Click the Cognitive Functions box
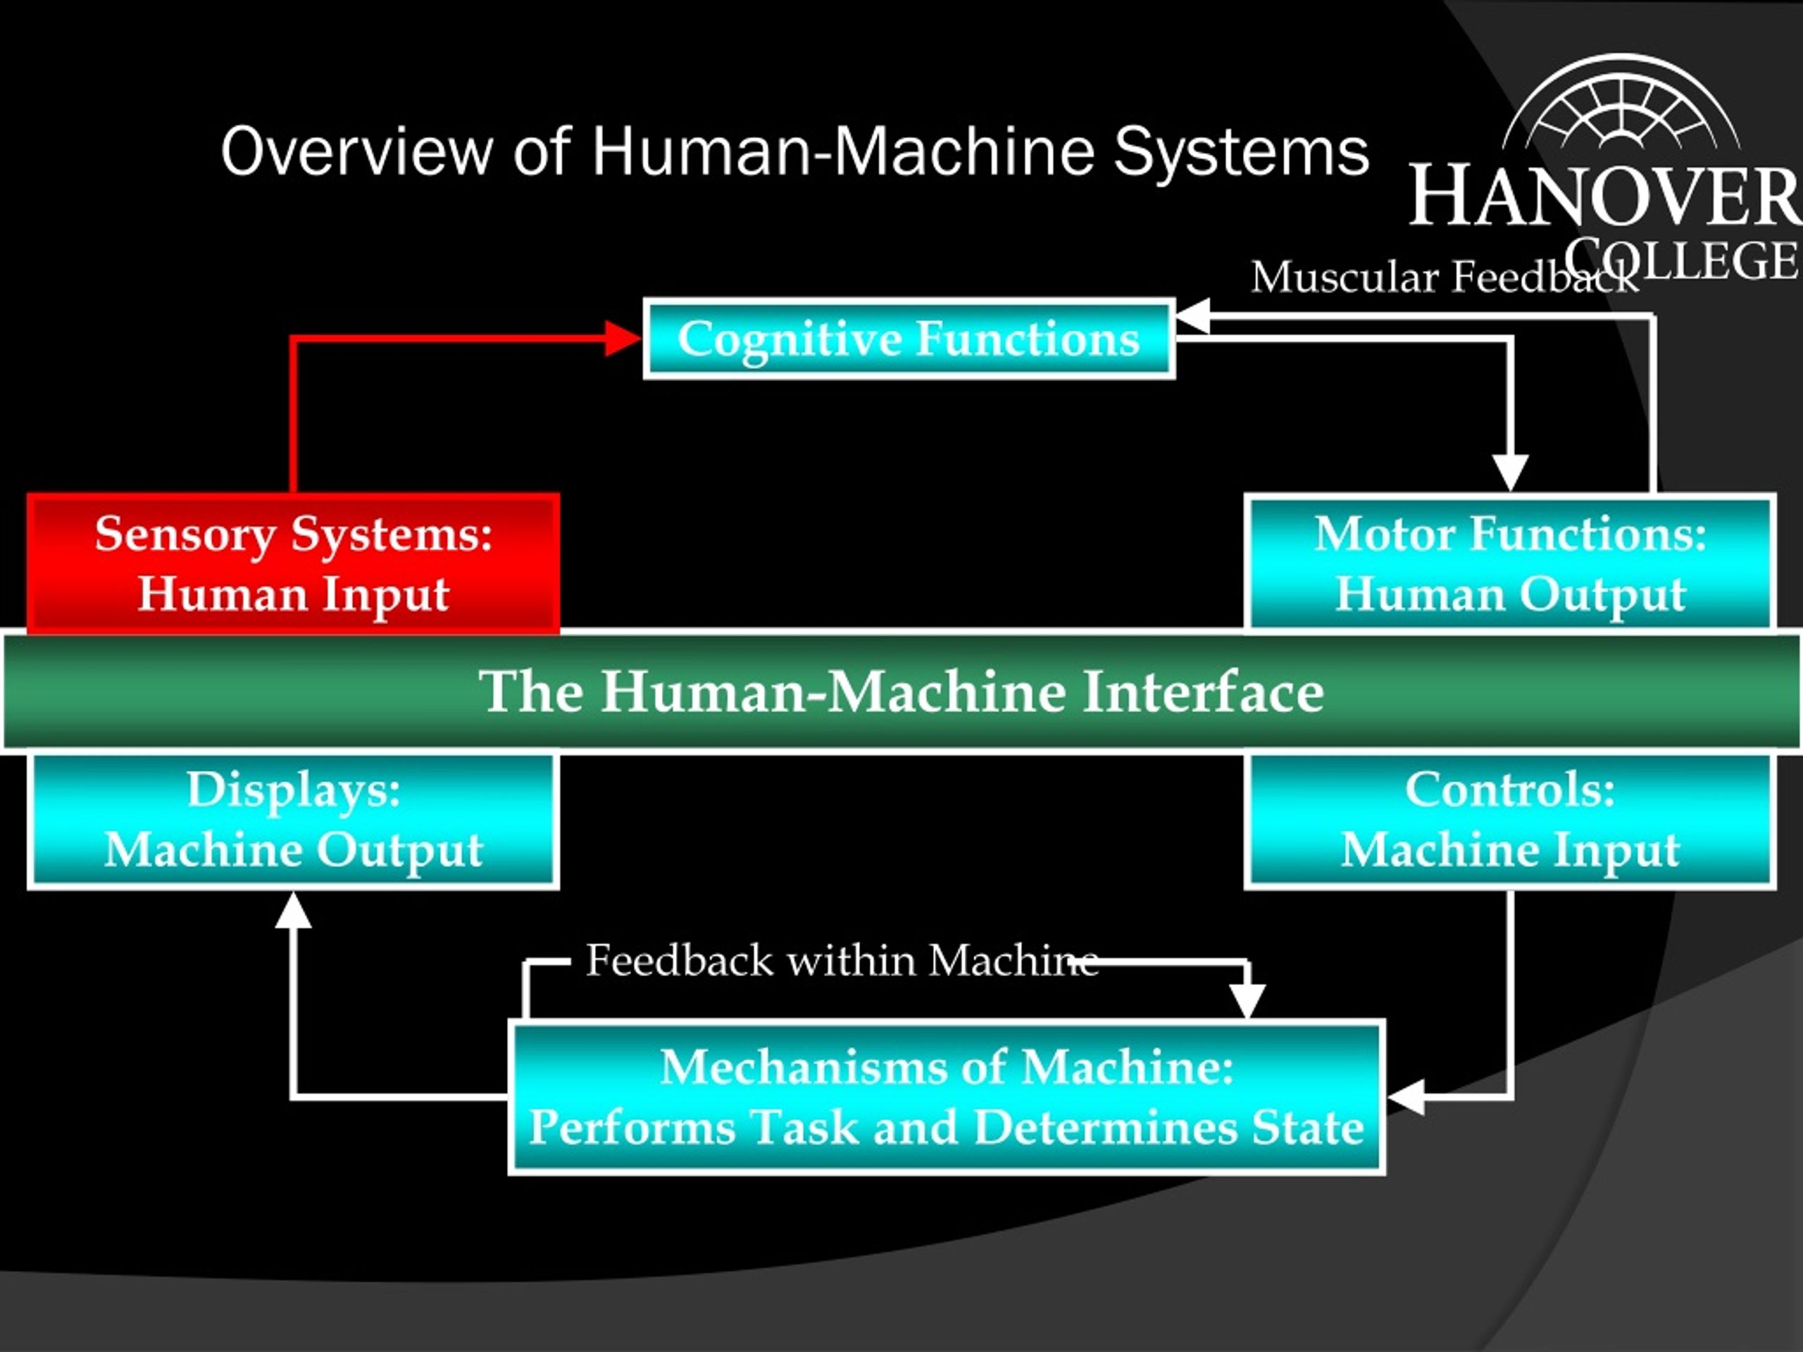click(x=909, y=338)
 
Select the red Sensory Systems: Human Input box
click(x=294, y=563)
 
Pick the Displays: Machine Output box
click(x=294, y=820)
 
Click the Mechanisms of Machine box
click(x=947, y=1097)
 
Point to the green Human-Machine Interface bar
click(x=901, y=691)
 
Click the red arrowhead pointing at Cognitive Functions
click(x=623, y=338)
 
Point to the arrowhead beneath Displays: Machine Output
click(x=294, y=908)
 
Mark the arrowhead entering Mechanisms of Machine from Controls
click(x=1405, y=1097)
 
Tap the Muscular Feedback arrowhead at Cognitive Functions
click(x=1193, y=316)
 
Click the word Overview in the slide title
click(x=357, y=151)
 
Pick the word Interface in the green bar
click(x=1203, y=691)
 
